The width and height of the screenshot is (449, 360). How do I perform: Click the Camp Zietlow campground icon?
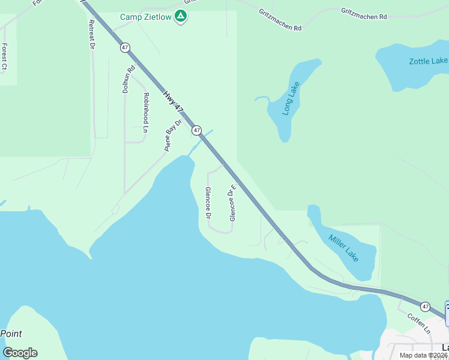(x=180, y=16)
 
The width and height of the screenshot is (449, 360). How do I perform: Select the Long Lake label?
(x=291, y=99)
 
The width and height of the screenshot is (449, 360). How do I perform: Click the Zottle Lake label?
(x=428, y=61)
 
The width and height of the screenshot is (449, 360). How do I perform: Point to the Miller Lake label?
(x=344, y=247)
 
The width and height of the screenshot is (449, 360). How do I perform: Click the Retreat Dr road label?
(x=92, y=35)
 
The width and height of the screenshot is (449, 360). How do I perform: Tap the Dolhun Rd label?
(x=126, y=79)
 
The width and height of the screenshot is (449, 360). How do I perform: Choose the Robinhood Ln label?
(x=145, y=112)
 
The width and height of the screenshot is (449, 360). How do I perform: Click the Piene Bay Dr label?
(x=173, y=135)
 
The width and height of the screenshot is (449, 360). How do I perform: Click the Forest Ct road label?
(x=4, y=57)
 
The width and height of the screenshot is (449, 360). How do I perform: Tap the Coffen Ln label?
(x=419, y=323)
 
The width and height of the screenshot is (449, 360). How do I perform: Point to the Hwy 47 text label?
(x=172, y=100)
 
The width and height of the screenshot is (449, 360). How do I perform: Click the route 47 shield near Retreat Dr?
(x=125, y=47)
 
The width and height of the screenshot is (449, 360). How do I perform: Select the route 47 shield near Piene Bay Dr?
(x=196, y=130)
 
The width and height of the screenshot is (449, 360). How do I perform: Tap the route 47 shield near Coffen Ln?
(x=425, y=307)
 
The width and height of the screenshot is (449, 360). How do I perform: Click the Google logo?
(x=20, y=353)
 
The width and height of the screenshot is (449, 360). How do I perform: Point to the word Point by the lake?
(x=11, y=334)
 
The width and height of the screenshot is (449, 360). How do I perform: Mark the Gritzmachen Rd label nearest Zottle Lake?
(x=364, y=14)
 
